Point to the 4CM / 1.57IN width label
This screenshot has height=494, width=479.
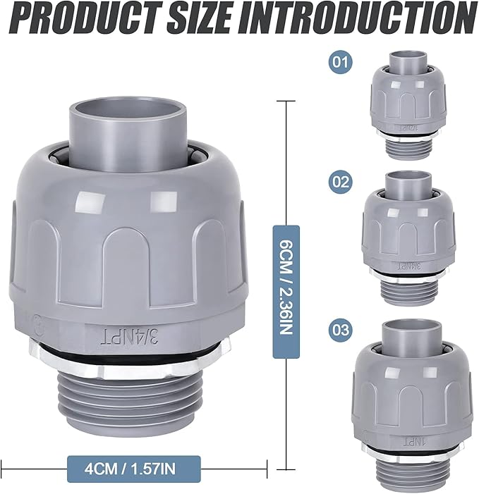click(134, 465)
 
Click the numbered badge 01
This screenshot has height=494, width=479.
click(340, 63)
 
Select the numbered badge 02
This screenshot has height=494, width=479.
click(340, 181)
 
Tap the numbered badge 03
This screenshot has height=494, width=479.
click(340, 329)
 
